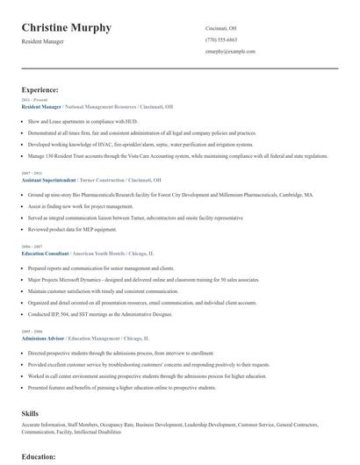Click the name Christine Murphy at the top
point(67,28)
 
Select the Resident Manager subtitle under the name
point(44,42)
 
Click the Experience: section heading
point(40,89)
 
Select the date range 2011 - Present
point(32,100)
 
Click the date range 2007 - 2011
point(31,173)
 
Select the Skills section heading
point(30,411)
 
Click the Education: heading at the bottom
point(39,456)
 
